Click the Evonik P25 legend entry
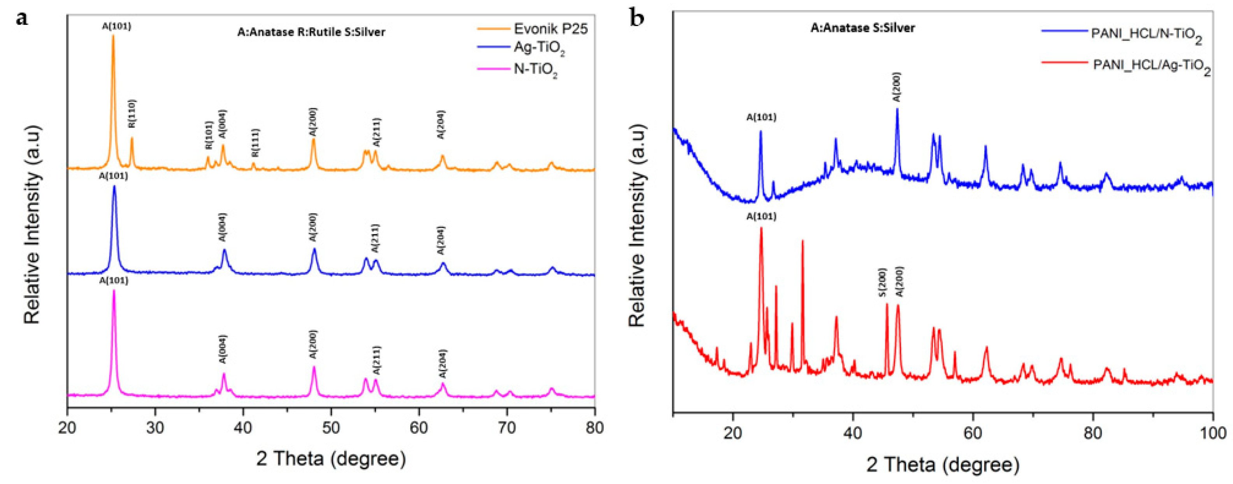point(550,29)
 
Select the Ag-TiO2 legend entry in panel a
point(539,49)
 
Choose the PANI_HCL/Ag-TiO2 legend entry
point(1152,67)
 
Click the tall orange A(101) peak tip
point(113,36)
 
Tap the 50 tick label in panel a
point(331,427)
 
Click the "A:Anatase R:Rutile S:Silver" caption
point(311,32)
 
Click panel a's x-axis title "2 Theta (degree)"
point(331,459)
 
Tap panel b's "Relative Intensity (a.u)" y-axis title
point(637,225)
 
